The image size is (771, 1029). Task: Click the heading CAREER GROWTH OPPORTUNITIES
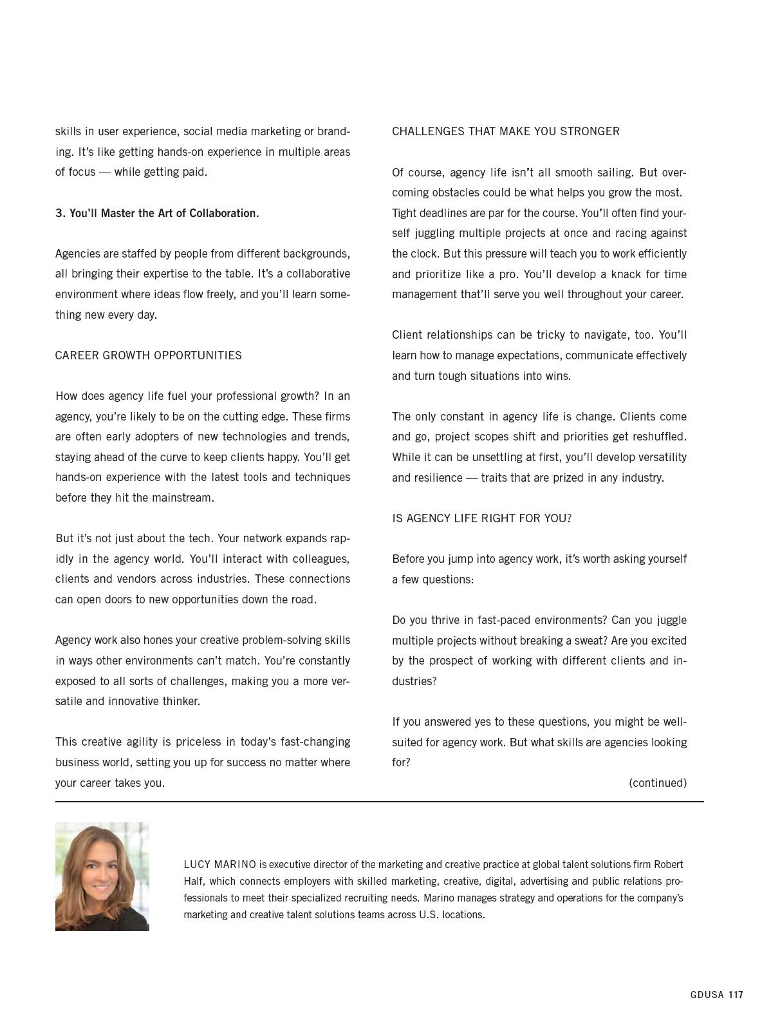coord(148,355)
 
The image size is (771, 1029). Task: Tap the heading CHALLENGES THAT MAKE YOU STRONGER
coord(505,131)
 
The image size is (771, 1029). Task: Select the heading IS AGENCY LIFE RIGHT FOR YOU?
coord(481,518)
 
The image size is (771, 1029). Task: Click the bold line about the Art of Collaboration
coord(157,213)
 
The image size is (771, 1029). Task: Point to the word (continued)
coord(657,783)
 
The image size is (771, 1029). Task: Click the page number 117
coord(736,995)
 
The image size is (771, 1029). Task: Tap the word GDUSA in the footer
coord(707,995)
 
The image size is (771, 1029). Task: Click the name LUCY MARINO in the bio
coord(219,864)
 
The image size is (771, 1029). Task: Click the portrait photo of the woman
coord(102,876)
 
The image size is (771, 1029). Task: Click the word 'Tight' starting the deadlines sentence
coord(405,213)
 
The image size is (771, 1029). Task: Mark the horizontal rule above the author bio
coord(379,802)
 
